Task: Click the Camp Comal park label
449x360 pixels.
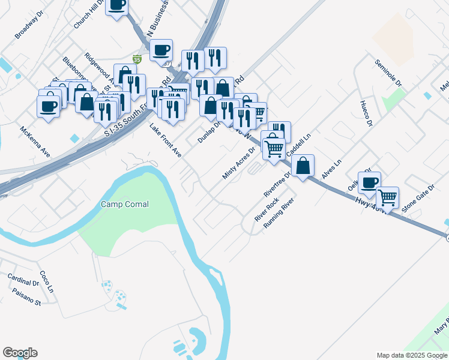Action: [124, 204]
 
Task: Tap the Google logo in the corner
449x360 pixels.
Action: [20, 353]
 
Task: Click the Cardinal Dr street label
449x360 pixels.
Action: [23, 279]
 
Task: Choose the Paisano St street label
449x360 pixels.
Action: [25, 296]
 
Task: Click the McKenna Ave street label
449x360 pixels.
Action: [34, 142]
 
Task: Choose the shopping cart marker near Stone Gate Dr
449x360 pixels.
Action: [387, 196]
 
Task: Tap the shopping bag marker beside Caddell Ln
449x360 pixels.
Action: [303, 165]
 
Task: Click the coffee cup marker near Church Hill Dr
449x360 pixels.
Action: [116, 5]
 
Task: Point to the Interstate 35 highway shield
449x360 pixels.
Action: [137, 59]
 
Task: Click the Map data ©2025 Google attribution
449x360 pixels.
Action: [412, 355]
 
